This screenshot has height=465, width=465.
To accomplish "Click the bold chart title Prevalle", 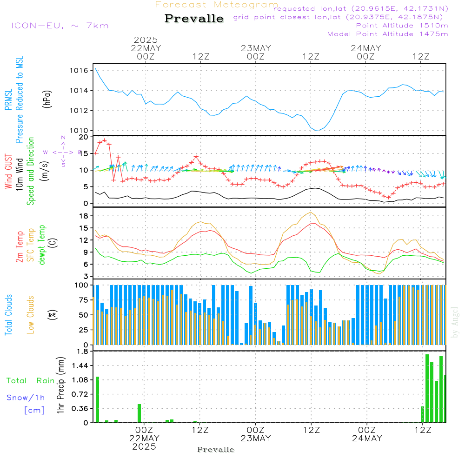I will click(194, 19).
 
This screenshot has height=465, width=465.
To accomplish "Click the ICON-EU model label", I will click(60, 26).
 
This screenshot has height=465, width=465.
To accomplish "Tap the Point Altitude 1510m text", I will click(402, 26).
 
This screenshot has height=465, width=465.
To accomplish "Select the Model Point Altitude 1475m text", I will click(387, 34).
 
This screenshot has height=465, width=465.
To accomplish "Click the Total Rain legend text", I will click(30, 380).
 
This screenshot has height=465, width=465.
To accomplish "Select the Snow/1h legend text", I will click(26, 398).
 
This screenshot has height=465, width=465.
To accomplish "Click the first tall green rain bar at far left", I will click(97, 400).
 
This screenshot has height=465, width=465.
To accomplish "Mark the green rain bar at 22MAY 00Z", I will click(139, 413).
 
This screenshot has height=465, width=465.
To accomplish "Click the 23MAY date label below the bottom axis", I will click(256, 438).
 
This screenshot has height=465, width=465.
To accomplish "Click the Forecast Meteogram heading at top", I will click(217, 5).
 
